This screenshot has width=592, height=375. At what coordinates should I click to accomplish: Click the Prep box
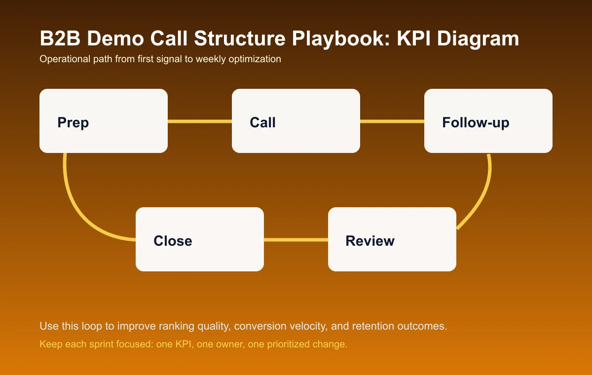[x=104, y=121]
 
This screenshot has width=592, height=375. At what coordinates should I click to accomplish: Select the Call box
[x=296, y=121]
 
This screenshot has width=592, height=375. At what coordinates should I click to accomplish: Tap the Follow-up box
[x=488, y=121]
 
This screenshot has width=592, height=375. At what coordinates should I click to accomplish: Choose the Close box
[x=200, y=239]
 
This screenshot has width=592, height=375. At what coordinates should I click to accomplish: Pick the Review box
[x=392, y=239]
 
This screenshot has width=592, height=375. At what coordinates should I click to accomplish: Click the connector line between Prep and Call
[x=200, y=121]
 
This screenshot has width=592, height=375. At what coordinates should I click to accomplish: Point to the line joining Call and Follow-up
[x=392, y=121]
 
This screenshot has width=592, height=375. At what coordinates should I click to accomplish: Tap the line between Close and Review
[x=296, y=240]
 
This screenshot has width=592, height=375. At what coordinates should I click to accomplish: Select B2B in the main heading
[x=58, y=39]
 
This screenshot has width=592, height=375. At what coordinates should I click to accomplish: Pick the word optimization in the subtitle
[x=256, y=59]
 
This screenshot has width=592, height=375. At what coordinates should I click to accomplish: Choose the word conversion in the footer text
[x=257, y=327]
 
